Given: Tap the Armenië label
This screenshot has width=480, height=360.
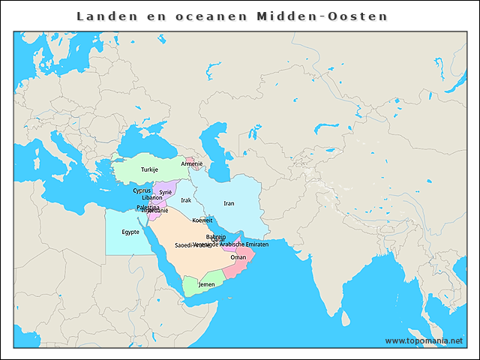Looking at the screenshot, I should pos(192,163).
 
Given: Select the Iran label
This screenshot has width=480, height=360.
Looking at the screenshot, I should pos(229,203).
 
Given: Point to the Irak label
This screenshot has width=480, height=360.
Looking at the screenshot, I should pos(186,200).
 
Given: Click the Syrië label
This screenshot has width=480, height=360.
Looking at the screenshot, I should pos(166,192).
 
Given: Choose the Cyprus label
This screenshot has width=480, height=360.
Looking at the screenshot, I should pos(142,190).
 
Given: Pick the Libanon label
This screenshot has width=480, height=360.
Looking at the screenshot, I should pos(142,198).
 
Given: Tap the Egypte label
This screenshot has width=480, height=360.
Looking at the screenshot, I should pos(130,232).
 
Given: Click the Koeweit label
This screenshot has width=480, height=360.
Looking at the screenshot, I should pos(202,220).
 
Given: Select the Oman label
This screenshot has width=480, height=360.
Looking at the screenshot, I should pos(238,257).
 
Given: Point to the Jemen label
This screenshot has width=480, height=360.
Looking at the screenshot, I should pos(206,285).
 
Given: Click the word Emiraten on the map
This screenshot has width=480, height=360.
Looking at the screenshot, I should pos(255,244).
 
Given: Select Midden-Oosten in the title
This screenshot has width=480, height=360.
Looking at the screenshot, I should pos(322,16).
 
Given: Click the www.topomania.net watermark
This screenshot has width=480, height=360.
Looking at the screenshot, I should pos(424,340).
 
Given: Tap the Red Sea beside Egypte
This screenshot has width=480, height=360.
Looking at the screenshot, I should pos(163,247).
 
